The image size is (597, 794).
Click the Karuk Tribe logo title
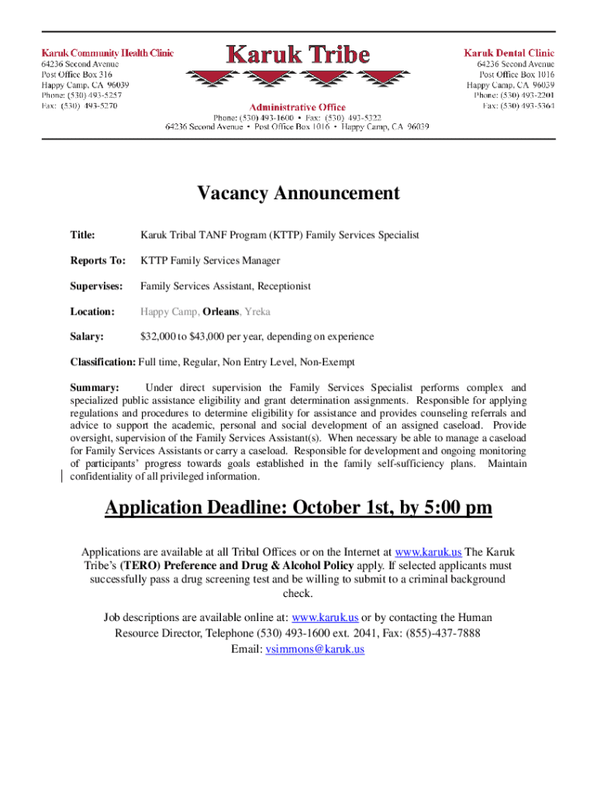[298, 56]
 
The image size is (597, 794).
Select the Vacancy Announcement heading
[298, 193]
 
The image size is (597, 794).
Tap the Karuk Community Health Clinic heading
[107, 53]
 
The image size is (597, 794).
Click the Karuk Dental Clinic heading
[509, 53]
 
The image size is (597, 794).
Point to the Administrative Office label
[298, 106]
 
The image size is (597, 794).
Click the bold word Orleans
[222, 312]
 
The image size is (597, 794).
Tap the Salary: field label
[88, 337]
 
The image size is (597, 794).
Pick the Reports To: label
[98, 261]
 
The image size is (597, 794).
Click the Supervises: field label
[97, 287]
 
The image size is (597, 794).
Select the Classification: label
[102, 362]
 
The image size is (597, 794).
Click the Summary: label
[95, 388]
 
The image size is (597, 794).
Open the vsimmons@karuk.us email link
[315, 650]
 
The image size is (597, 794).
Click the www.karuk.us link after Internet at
[428, 552]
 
